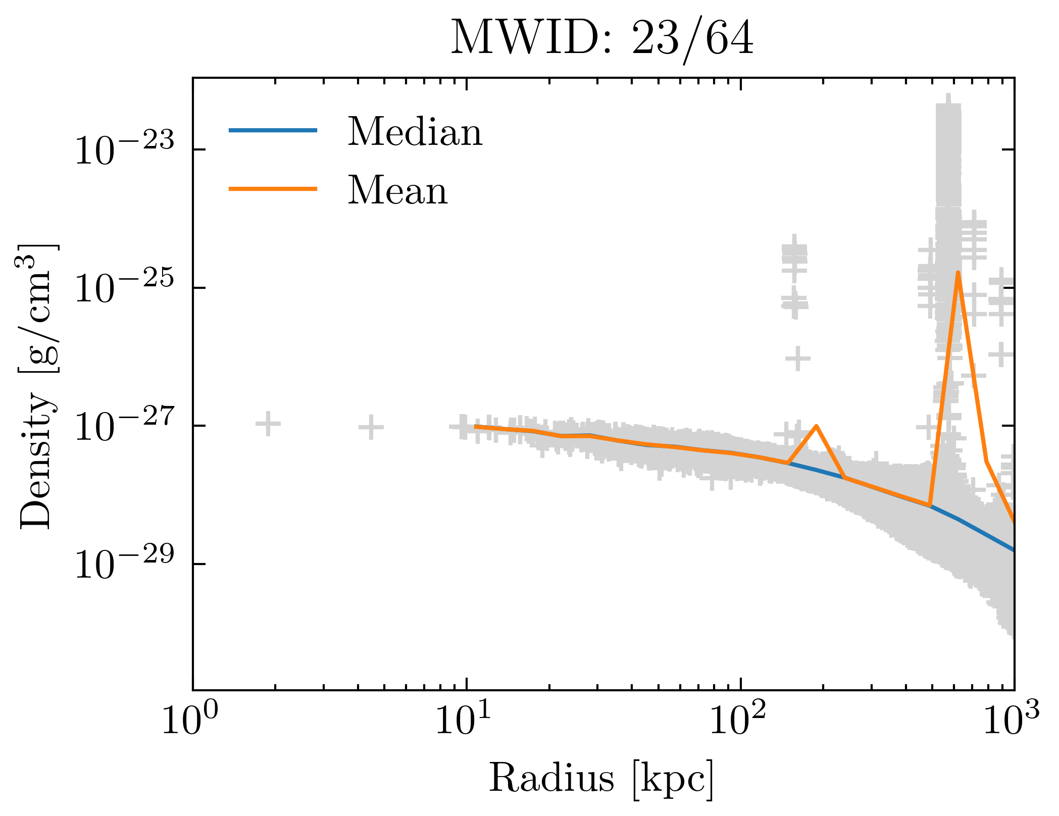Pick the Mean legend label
click(x=397, y=190)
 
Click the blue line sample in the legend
click(x=273, y=130)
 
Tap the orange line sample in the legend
click(x=273, y=189)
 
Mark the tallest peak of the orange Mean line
click(x=957, y=273)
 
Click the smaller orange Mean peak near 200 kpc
click(x=817, y=426)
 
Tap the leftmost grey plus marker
click(x=268, y=424)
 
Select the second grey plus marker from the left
click(x=371, y=427)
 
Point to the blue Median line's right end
click(x=1013, y=550)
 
